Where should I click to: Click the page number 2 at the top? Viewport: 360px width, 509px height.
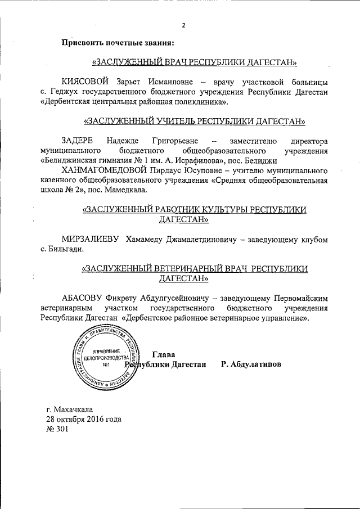[183, 25]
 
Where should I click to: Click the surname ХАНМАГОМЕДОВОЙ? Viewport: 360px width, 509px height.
[105, 169]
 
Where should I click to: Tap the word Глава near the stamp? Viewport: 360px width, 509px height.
[164, 355]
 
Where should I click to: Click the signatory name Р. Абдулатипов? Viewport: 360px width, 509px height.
[251, 365]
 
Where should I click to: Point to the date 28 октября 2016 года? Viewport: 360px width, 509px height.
[84, 420]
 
